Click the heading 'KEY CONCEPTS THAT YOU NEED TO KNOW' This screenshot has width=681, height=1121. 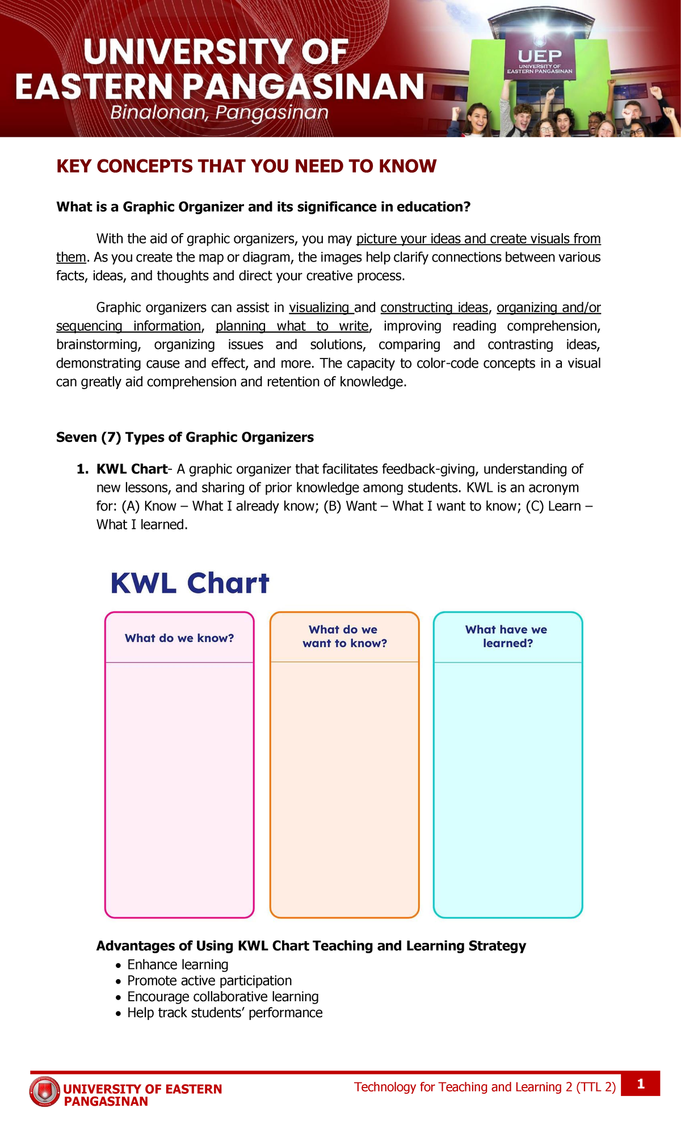(x=246, y=166)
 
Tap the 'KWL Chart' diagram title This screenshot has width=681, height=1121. (x=190, y=583)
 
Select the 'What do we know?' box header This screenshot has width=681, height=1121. (x=179, y=638)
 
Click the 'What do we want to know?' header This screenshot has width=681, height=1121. (x=344, y=637)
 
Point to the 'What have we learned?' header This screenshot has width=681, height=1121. (x=507, y=637)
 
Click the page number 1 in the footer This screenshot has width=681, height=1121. (x=641, y=1084)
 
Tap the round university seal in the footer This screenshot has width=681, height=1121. (x=44, y=1091)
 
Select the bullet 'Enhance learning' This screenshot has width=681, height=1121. (x=178, y=964)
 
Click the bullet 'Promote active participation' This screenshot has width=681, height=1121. (x=209, y=980)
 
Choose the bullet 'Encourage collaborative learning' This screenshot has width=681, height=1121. (x=222, y=996)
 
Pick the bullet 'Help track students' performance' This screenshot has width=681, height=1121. (x=225, y=1013)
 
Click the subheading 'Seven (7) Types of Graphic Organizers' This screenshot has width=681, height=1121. (x=185, y=437)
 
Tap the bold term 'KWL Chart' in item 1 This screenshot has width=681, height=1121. (x=132, y=469)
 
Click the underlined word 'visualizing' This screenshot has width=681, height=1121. (x=320, y=307)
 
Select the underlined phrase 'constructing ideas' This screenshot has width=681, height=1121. (x=434, y=307)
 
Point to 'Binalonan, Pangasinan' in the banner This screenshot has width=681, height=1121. (x=220, y=113)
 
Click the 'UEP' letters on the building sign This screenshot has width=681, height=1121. (x=540, y=56)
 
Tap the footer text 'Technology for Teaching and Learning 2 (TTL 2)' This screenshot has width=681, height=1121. (x=485, y=1087)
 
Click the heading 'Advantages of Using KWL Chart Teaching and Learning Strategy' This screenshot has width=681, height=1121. (x=311, y=946)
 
